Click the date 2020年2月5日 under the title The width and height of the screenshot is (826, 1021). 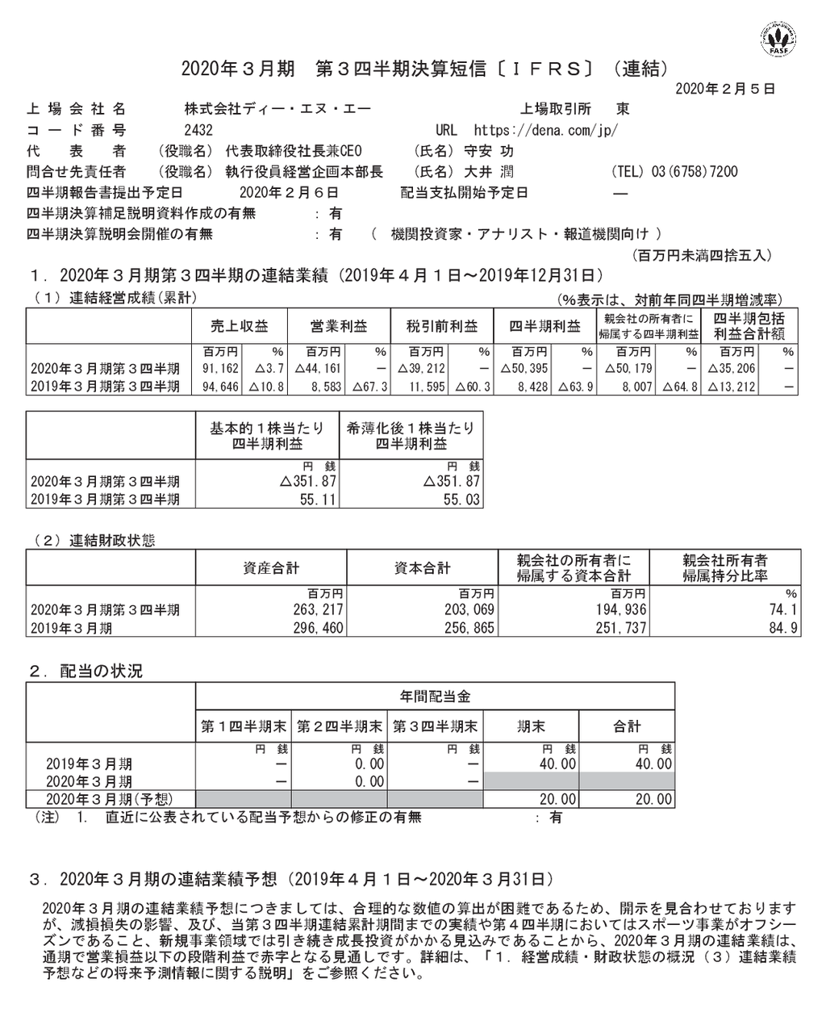725,89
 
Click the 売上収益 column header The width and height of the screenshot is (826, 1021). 240,326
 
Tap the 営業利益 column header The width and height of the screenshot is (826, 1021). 339,326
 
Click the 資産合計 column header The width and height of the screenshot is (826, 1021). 271,568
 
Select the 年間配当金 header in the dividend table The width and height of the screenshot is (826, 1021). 435,696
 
